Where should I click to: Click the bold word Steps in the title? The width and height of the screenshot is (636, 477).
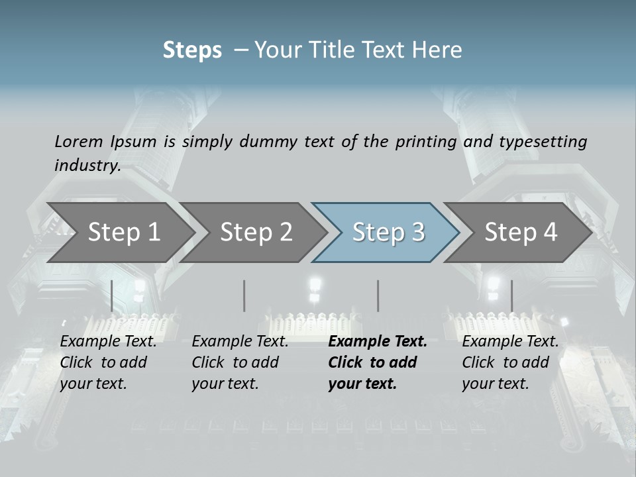[192, 50]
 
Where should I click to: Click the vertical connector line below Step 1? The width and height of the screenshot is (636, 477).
[112, 295]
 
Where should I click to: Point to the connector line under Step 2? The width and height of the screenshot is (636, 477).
[244, 295]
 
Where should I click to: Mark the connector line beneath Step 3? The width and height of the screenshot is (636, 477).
[378, 295]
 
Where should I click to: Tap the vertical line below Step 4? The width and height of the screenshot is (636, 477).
[511, 295]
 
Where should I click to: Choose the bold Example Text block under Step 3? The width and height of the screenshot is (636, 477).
[377, 362]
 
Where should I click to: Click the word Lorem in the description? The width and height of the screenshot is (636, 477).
[79, 141]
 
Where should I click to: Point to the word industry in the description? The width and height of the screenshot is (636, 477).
[87, 165]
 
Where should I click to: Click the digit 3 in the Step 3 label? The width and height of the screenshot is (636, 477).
[417, 232]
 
